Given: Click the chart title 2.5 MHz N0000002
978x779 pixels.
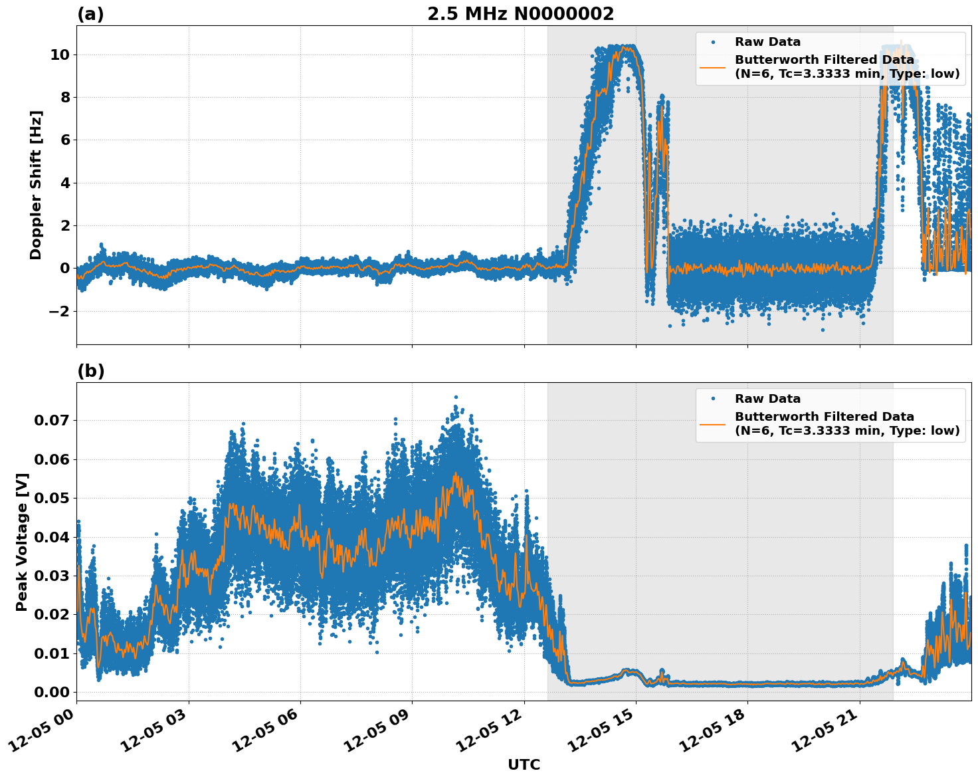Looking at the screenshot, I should click(520, 14).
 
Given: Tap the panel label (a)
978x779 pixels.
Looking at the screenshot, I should click(90, 14).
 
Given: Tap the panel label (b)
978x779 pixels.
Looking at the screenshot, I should click(90, 371).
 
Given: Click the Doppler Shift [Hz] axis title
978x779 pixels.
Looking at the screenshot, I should click(36, 185).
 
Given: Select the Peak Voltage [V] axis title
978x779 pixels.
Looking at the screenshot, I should click(22, 542).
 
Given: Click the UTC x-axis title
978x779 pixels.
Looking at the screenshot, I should click(524, 764).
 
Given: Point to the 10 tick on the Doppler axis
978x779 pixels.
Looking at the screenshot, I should click(60, 55).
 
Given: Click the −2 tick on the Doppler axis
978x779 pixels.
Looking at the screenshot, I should click(56, 311).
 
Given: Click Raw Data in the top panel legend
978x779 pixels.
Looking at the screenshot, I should click(767, 42).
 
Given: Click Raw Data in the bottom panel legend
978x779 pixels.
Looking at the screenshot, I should click(767, 399).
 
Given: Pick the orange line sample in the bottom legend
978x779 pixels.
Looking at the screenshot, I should click(712, 423).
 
